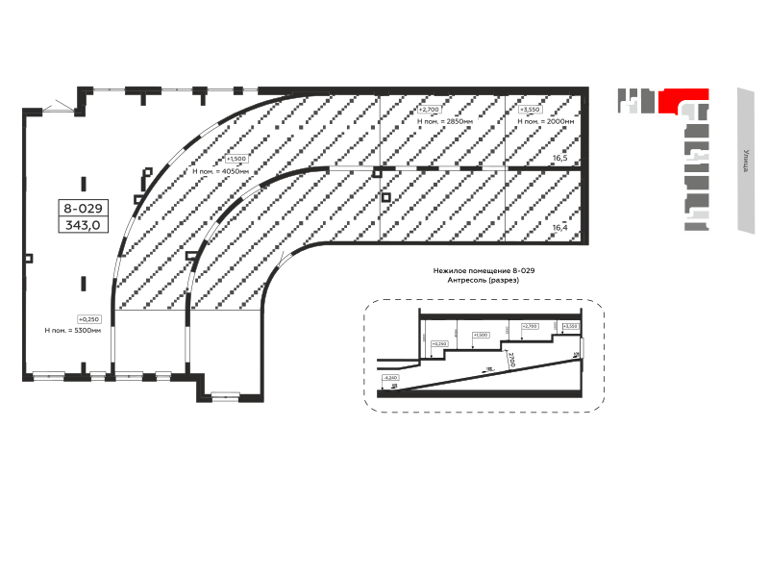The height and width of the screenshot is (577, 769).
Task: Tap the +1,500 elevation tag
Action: tap(236, 159)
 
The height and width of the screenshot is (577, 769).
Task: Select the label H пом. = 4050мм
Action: tap(221, 171)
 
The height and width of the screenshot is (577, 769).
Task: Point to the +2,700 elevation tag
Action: tap(429, 111)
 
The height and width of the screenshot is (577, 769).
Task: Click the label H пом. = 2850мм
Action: tap(443, 122)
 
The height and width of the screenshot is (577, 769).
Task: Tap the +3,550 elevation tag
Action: tap(530, 111)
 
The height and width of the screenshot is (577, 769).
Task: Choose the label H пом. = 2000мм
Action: tap(546, 122)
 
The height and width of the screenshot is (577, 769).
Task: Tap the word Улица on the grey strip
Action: tap(747, 160)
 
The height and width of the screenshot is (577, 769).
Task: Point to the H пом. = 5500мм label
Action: tap(73, 330)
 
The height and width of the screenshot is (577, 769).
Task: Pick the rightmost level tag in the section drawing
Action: tap(571, 327)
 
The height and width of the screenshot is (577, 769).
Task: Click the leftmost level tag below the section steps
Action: tap(389, 378)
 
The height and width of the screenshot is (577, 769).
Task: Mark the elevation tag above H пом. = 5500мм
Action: tap(88, 318)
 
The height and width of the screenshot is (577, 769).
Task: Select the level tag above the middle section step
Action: tap(482, 335)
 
